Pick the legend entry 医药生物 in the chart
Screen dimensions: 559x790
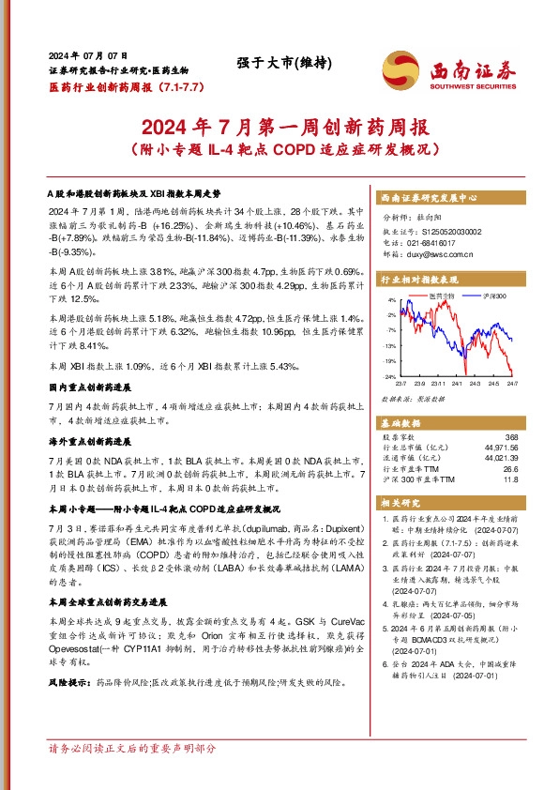pos(440,296)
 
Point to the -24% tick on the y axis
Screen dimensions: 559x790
pos(389,376)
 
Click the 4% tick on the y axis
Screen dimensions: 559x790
pos(392,300)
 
